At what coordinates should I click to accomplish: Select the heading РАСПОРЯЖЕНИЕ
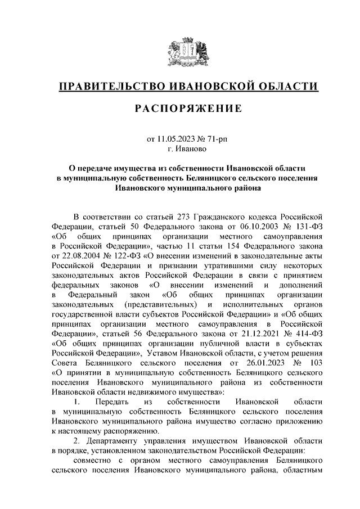(188, 109)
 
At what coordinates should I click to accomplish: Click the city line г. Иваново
(188, 149)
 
